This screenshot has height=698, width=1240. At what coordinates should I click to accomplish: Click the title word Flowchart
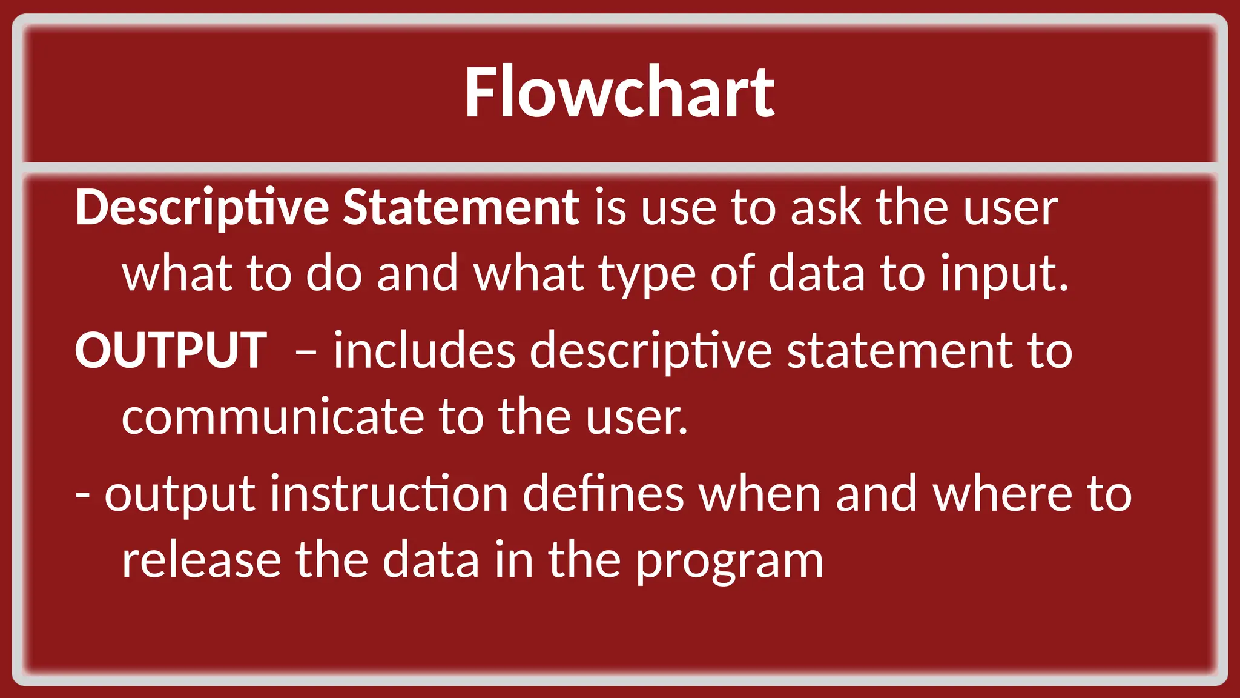(619, 93)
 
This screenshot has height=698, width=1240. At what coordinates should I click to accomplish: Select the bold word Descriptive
(202, 208)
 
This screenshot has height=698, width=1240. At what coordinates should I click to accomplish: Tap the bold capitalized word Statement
(461, 208)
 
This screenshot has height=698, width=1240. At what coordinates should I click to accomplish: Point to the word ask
(825, 208)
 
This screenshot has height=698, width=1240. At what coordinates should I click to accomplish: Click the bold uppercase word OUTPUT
(171, 351)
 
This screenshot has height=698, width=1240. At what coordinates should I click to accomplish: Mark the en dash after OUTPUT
(305, 351)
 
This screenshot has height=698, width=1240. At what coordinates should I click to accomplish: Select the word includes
(424, 351)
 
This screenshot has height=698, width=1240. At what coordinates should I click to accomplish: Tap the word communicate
(273, 417)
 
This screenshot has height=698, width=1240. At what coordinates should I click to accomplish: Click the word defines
(603, 494)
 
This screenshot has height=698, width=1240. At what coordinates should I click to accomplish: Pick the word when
(760, 494)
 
